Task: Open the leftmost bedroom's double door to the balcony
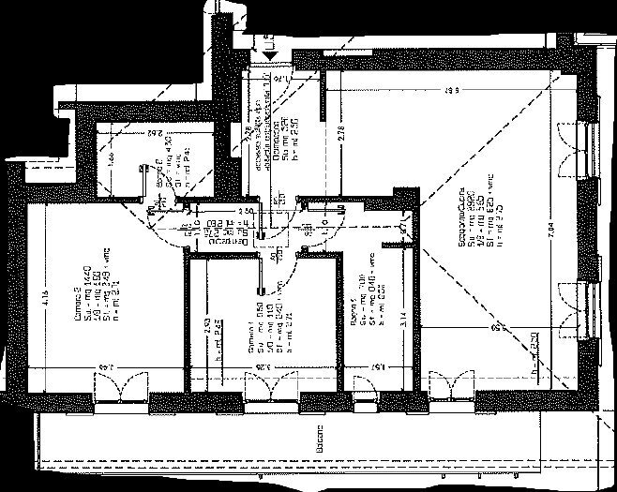pyautogui.click(x=120, y=387)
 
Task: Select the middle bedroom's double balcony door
pyautogui.click(x=266, y=387)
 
